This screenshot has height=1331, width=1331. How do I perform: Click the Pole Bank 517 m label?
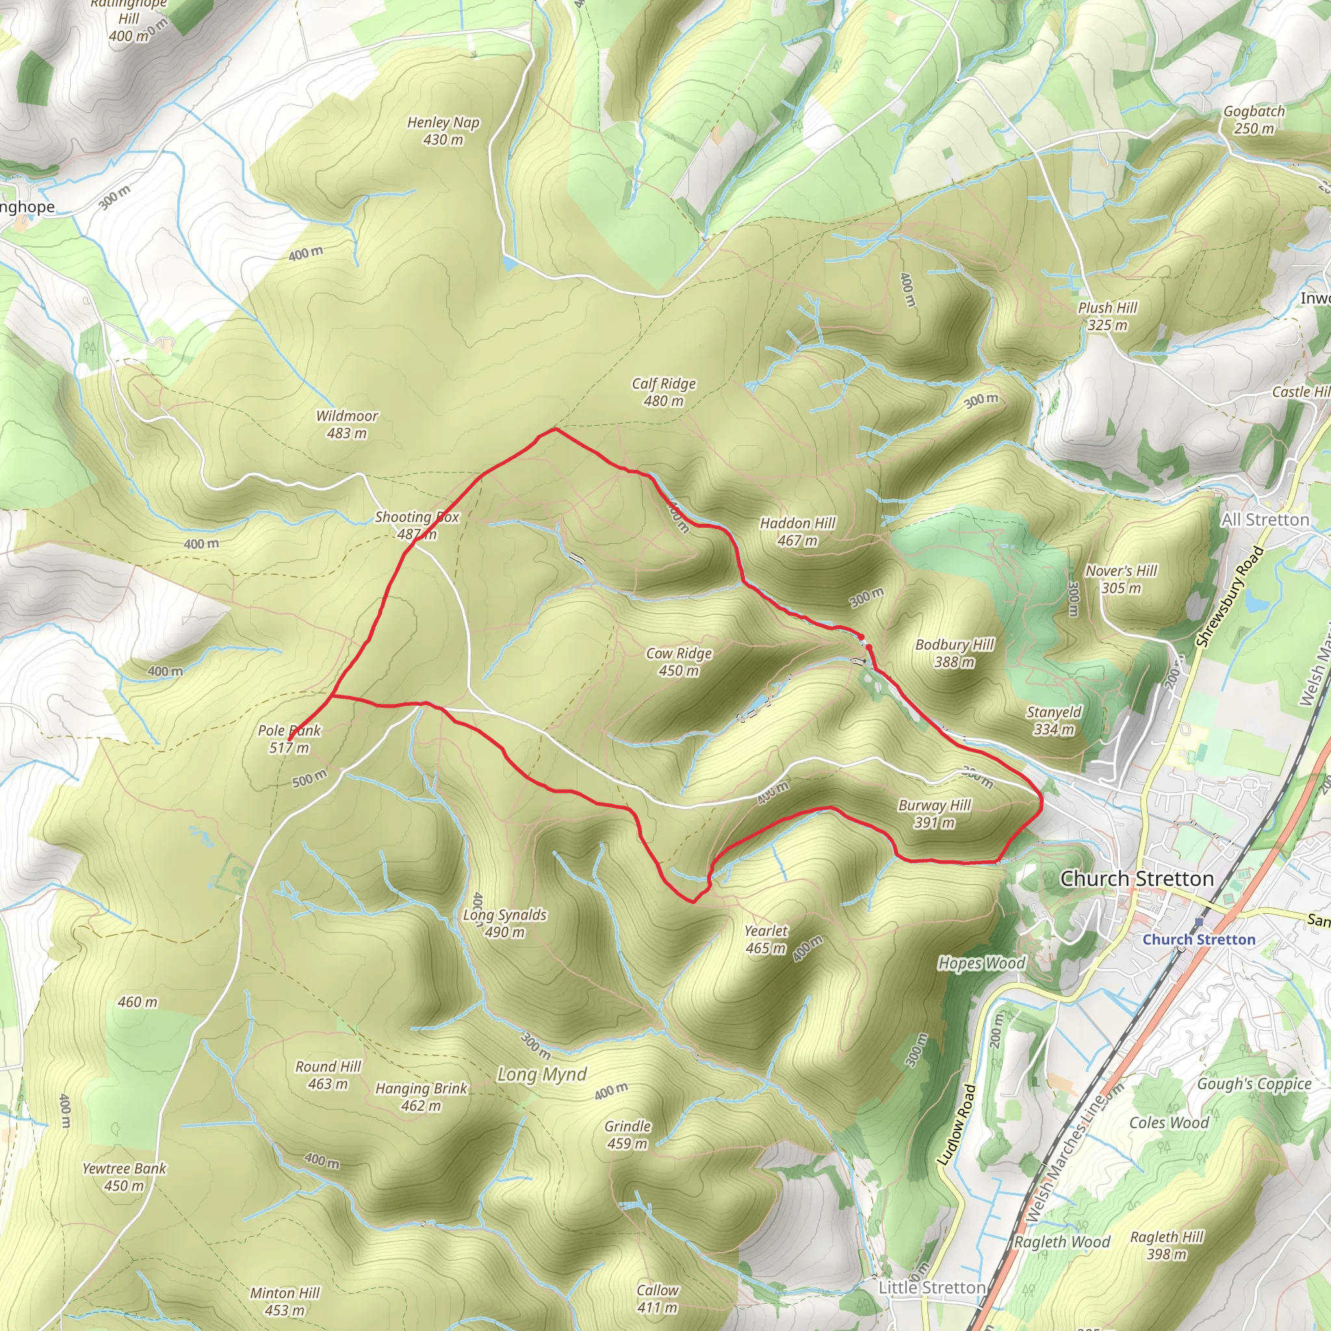[289, 738]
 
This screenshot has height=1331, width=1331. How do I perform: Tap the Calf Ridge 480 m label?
[664, 392]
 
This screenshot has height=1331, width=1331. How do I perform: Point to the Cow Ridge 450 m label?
[678, 662]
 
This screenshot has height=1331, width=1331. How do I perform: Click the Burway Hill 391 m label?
[934, 813]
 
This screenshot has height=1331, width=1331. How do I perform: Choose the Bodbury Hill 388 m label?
[954, 653]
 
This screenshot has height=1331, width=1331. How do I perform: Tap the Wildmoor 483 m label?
[346, 424]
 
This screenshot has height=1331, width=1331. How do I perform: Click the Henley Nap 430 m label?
[443, 130]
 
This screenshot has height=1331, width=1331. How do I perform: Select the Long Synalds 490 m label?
[504, 923]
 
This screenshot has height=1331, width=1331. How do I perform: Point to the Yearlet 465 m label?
[766, 939]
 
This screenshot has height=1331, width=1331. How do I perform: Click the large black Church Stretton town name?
[1137, 879]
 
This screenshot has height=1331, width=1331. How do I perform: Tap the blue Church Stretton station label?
[1198, 940]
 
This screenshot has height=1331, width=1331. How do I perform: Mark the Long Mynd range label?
[542, 1074]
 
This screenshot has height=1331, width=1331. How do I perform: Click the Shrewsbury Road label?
[1230, 597]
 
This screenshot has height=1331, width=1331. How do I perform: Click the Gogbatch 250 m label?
[1254, 119]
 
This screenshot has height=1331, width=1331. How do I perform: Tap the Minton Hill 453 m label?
[285, 1300]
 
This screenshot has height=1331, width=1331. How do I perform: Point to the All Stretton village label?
[1265, 520]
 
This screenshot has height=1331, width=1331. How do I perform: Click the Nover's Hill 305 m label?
[1121, 578]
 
